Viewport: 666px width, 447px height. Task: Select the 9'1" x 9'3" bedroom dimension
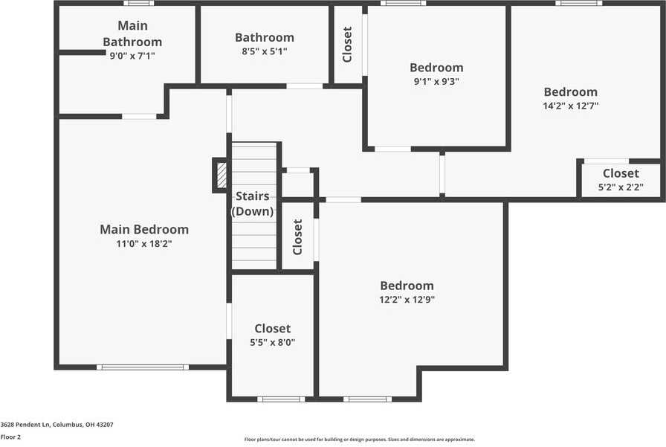click(436, 82)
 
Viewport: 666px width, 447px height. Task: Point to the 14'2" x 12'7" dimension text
click(571, 106)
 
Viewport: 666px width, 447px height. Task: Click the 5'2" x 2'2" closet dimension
click(621, 187)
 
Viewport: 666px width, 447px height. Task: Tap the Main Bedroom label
click(144, 229)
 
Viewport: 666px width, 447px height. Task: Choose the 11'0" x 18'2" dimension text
click(144, 243)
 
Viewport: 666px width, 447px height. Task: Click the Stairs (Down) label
click(253, 204)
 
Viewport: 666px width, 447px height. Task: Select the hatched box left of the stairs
click(222, 176)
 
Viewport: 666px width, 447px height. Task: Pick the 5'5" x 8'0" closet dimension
click(272, 342)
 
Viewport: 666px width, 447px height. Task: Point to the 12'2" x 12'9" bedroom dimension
click(407, 300)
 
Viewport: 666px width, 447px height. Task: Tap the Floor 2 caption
click(11, 437)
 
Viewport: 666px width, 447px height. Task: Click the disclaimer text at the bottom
click(360, 440)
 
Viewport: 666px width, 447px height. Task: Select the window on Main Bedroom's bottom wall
click(143, 367)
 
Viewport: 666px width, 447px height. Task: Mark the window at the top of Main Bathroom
click(138, 3)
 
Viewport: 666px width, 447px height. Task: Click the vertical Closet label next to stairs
click(297, 237)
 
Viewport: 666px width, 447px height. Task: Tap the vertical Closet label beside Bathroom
click(347, 45)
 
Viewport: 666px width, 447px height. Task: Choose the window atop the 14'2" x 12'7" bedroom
click(579, 3)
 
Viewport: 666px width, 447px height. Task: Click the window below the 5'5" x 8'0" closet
click(281, 399)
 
